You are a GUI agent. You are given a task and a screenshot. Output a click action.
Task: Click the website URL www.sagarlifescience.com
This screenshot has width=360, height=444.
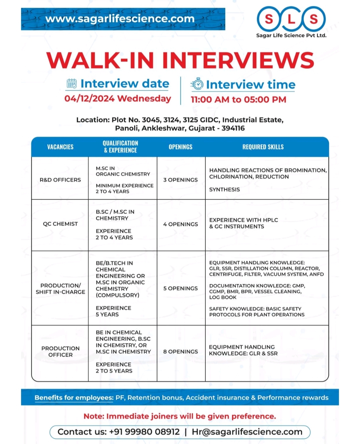pos(120,19)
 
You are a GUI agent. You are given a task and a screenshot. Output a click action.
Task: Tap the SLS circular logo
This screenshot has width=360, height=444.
pos(291,19)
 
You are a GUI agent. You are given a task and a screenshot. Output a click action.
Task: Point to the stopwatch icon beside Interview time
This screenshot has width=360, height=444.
pos(197,84)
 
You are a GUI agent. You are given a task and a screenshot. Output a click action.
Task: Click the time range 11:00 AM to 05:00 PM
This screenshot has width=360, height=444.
pos(238,100)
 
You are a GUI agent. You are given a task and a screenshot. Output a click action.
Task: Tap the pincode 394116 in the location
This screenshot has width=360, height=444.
pos(233,128)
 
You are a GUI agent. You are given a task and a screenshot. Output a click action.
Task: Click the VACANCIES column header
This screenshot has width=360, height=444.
pos(60,147)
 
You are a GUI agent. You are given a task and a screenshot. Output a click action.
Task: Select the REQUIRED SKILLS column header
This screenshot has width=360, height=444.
pos(263,147)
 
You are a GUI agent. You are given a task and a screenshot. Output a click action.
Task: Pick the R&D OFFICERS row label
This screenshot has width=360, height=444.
pos(60,180)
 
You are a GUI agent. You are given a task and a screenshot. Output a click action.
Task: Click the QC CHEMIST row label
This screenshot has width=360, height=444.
pos(60,224)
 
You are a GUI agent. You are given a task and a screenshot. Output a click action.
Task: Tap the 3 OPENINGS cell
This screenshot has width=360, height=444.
pos(181,180)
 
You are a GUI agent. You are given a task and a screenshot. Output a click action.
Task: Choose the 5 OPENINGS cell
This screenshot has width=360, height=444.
pos(181,288)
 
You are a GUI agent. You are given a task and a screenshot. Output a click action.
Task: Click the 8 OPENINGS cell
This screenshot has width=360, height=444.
pos(181,352)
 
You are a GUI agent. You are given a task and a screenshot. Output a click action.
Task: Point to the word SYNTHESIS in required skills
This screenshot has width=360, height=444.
pos(224,190)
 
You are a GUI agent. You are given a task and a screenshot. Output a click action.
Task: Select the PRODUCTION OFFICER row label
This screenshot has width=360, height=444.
pos(60,352)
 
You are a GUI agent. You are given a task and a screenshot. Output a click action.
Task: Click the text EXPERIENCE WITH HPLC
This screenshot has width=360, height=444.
pos(244,220)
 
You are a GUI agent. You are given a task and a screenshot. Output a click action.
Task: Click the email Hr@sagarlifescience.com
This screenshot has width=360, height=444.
pos(247,432)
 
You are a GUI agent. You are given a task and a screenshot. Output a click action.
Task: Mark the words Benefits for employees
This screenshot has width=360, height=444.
pos(74,398)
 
